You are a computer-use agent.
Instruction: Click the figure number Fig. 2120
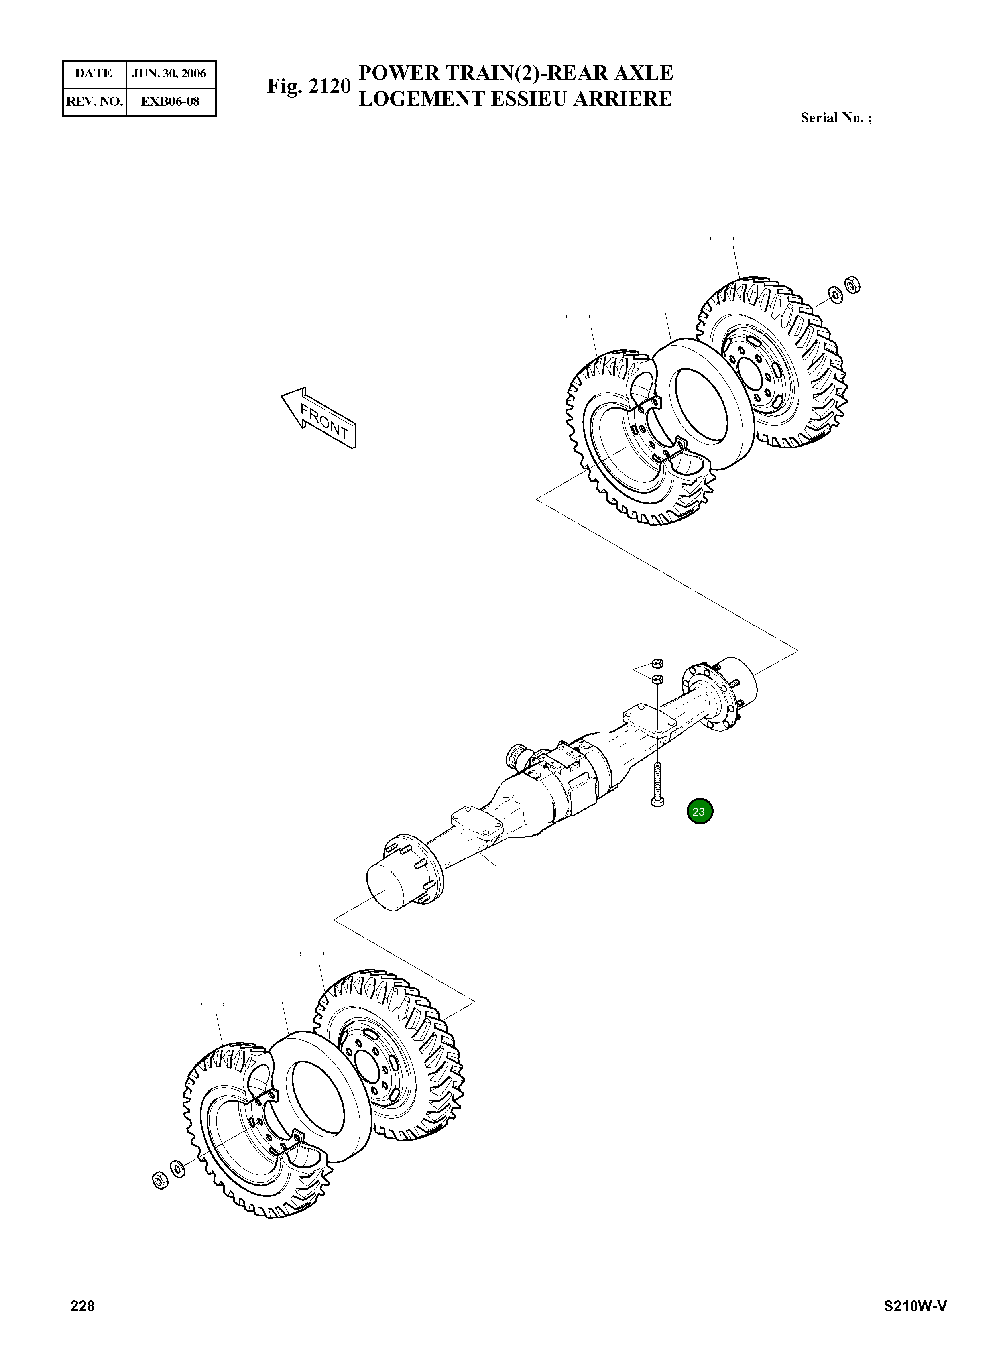click(309, 87)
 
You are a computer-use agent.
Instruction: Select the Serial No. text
click(835, 118)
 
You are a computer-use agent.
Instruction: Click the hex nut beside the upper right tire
click(852, 284)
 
